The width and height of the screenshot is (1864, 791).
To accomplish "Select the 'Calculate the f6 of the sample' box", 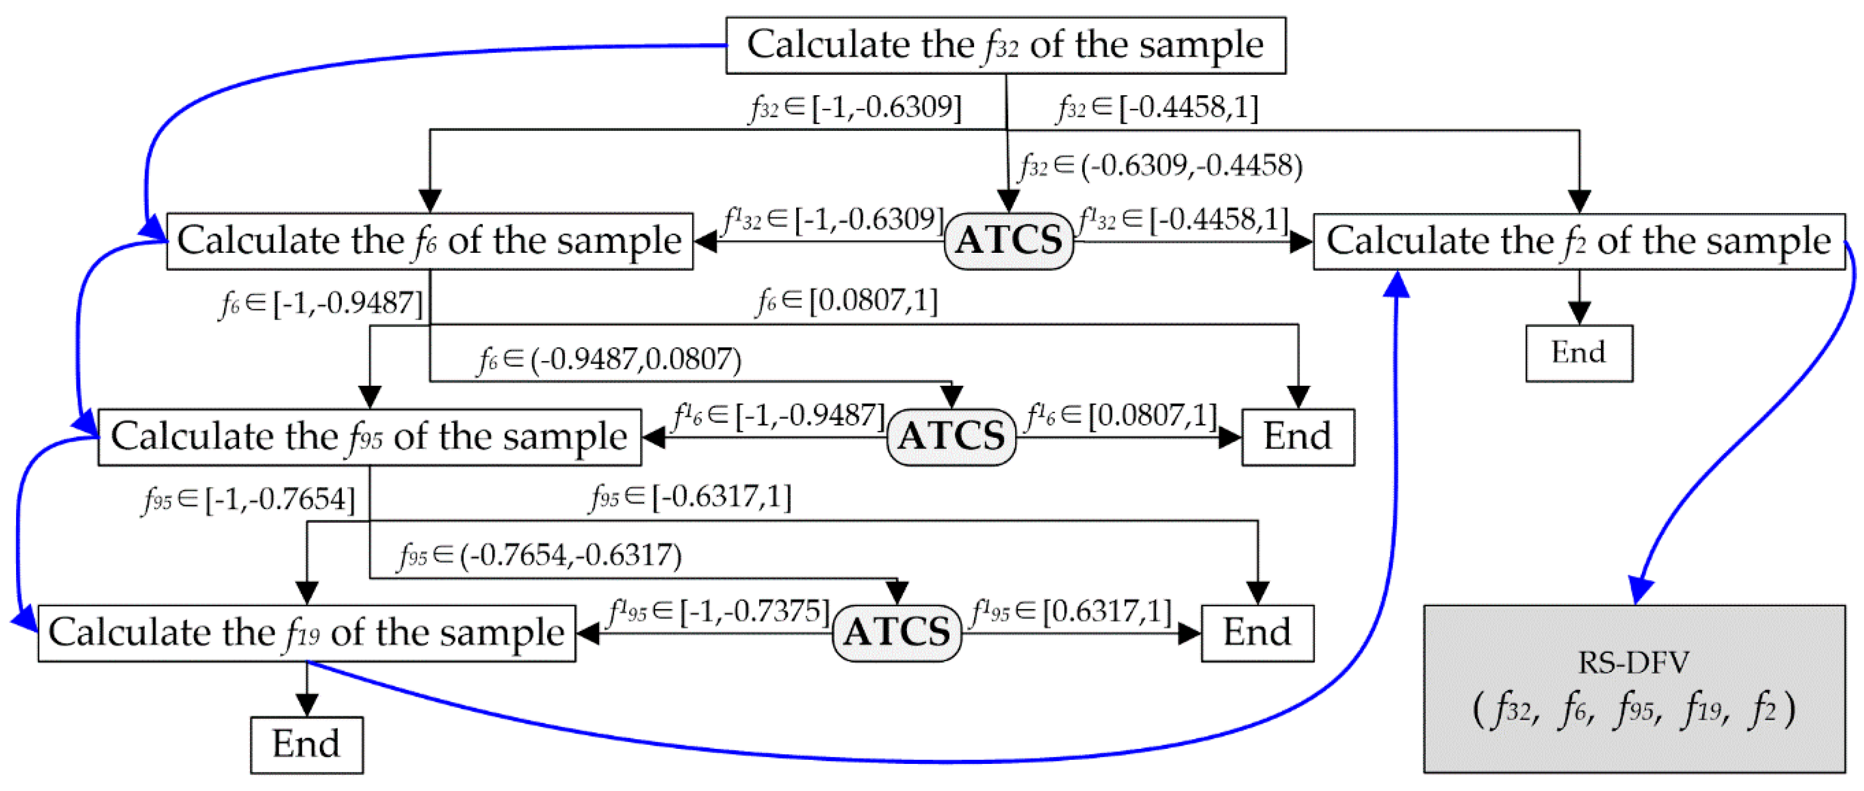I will pos(429,241).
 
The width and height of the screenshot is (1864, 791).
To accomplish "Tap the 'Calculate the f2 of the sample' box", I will pos(1578,241).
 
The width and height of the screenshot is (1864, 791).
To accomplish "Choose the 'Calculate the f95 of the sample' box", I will pos(369,437).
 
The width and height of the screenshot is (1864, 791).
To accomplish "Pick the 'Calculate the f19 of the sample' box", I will pos(306,633).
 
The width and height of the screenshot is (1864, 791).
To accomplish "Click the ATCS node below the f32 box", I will pos(1009,241).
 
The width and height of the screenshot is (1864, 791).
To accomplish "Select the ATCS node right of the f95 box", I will pos(951,437).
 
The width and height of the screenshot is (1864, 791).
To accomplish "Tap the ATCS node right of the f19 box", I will pos(896,633).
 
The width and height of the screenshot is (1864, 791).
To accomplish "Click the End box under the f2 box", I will pos(1579,353).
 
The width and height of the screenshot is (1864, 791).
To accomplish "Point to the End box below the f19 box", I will pos(306,745).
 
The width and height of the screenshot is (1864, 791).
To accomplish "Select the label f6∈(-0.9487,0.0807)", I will pos(609,360).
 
